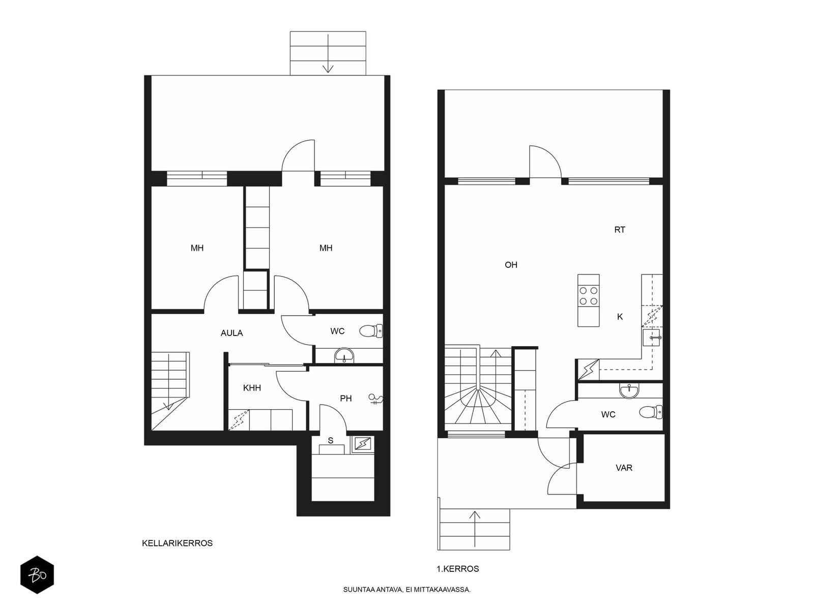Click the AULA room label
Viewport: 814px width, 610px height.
(x=232, y=333)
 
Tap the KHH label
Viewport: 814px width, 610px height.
(x=252, y=388)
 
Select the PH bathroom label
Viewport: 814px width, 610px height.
(x=345, y=399)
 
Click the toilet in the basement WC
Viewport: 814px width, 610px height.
(x=371, y=331)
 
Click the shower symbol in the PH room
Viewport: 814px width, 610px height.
(x=375, y=399)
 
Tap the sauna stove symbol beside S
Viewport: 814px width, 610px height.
(x=363, y=444)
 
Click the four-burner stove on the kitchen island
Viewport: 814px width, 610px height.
(x=589, y=295)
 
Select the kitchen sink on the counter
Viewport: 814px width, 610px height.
(x=651, y=338)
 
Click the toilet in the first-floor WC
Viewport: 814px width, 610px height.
(x=651, y=412)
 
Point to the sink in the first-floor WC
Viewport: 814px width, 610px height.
(x=629, y=391)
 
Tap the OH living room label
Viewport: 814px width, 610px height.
(x=511, y=265)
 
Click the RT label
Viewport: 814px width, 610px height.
(x=620, y=230)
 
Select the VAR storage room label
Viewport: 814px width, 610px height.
(x=624, y=468)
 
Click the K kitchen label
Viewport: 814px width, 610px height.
(x=620, y=317)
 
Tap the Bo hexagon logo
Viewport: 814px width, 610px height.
(x=37, y=575)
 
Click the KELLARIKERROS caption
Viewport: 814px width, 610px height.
(x=177, y=543)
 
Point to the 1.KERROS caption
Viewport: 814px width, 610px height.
(x=457, y=569)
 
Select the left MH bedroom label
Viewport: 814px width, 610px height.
(x=197, y=248)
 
